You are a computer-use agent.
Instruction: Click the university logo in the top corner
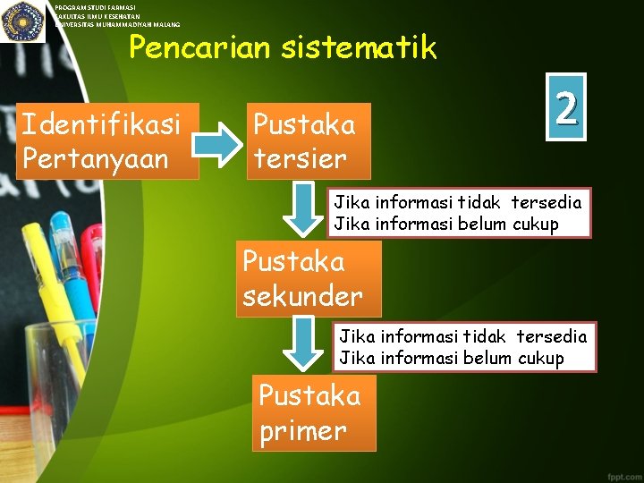[23, 21]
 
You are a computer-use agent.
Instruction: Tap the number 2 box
[565, 107]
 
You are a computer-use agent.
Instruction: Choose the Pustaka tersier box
[309, 140]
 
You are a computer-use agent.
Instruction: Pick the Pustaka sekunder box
[309, 278]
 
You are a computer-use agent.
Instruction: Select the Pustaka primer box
[313, 412]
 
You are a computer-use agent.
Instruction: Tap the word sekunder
[302, 296]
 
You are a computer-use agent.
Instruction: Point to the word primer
[303, 430]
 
